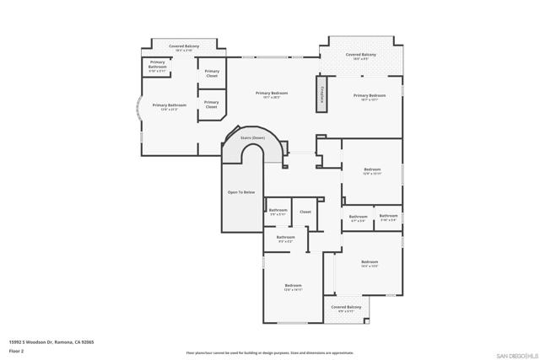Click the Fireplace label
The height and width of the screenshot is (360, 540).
(x=321, y=94)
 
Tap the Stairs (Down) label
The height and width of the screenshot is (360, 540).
(x=252, y=137)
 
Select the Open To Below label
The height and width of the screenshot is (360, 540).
(x=240, y=192)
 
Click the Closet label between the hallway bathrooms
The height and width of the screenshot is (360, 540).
(x=305, y=212)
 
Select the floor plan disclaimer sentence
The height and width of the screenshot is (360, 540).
(x=269, y=352)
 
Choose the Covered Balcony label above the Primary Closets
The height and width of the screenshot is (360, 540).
(x=184, y=47)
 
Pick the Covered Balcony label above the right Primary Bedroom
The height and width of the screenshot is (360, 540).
(x=360, y=56)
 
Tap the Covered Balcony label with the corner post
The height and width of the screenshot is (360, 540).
(x=346, y=308)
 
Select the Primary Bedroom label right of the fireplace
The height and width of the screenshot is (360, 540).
(x=370, y=96)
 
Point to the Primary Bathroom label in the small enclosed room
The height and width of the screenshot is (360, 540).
(x=158, y=66)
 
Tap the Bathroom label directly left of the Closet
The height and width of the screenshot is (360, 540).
(x=278, y=211)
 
